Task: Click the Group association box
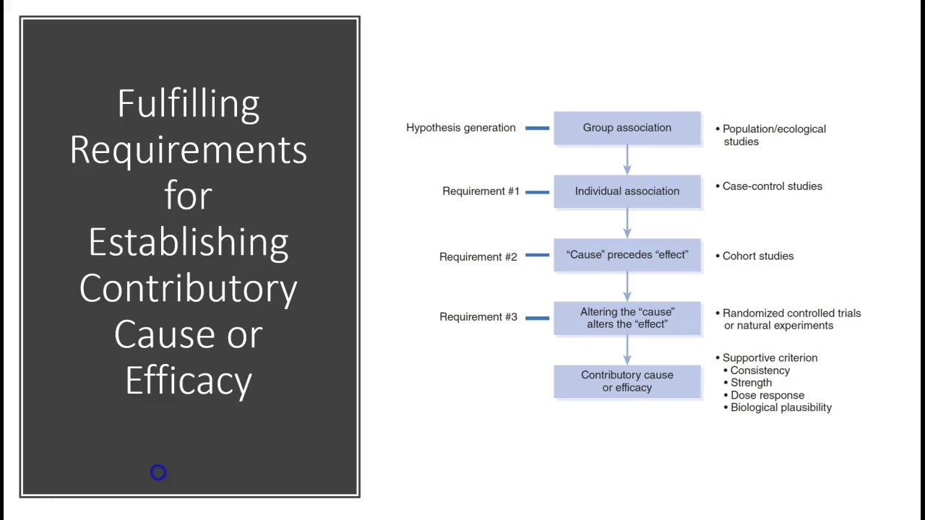click(x=627, y=128)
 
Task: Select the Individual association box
click(x=627, y=191)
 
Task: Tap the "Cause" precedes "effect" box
click(x=627, y=255)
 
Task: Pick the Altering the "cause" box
click(x=627, y=318)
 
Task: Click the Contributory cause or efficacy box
click(x=627, y=381)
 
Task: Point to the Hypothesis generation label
click(x=460, y=128)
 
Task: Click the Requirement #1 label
click(x=481, y=191)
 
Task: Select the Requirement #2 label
click(x=478, y=256)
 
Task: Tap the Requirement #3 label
click(x=478, y=317)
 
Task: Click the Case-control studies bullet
click(x=771, y=186)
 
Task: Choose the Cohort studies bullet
click(x=757, y=256)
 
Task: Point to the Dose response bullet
click(x=766, y=395)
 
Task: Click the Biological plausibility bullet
click(x=780, y=407)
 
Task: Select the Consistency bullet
click(x=759, y=370)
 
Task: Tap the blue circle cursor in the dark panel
click(x=158, y=472)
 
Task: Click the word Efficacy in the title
click(x=189, y=381)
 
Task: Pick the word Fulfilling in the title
click(x=189, y=103)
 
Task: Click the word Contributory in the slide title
click(x=189, y=288)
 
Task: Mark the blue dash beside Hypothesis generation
click(x=537, y=128)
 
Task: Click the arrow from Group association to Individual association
click(x=627, y=160)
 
